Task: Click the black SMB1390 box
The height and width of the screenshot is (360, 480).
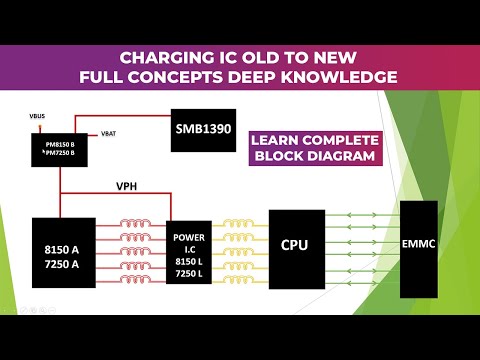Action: (x=210, y=129)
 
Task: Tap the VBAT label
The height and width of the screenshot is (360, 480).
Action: (x=111, y=132)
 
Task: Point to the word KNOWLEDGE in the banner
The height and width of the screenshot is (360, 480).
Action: (x=341, y=77)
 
